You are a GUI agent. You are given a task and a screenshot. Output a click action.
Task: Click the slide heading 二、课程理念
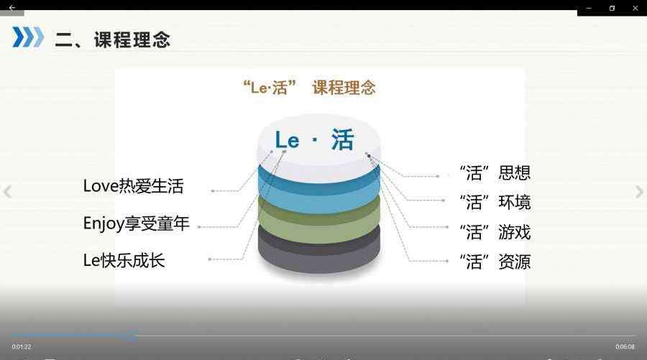click(112, 40)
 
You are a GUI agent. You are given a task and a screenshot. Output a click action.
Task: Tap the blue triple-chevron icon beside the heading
click(28, 37)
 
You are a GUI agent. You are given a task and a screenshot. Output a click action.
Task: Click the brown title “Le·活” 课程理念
click(309, 88)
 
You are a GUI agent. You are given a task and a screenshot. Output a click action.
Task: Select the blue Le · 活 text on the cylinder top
click(314, 139)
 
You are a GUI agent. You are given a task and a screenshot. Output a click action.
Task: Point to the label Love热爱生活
click(133, 186)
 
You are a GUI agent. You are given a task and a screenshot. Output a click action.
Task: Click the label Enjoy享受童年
click(136, 223)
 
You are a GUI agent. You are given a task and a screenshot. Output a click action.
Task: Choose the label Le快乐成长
click(124, 260)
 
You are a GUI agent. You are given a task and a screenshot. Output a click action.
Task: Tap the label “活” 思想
click(495, 172)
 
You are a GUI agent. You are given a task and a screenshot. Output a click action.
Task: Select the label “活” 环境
click(495, 202)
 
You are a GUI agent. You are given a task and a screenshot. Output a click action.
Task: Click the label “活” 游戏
click(495, 232)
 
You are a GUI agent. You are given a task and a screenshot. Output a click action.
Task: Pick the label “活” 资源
click(495, 262)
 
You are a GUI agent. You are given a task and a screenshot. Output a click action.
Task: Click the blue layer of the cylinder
click(319, 197)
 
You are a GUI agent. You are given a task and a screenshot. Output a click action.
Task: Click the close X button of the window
click(635, 8)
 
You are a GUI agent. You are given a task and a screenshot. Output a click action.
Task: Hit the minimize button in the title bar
click(589, 8)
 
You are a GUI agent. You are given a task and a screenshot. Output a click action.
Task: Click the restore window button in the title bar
click(612, 8)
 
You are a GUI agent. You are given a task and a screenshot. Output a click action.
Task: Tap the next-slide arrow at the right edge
click(639, 192)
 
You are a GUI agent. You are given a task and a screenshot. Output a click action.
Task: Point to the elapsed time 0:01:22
click(22, 347)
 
